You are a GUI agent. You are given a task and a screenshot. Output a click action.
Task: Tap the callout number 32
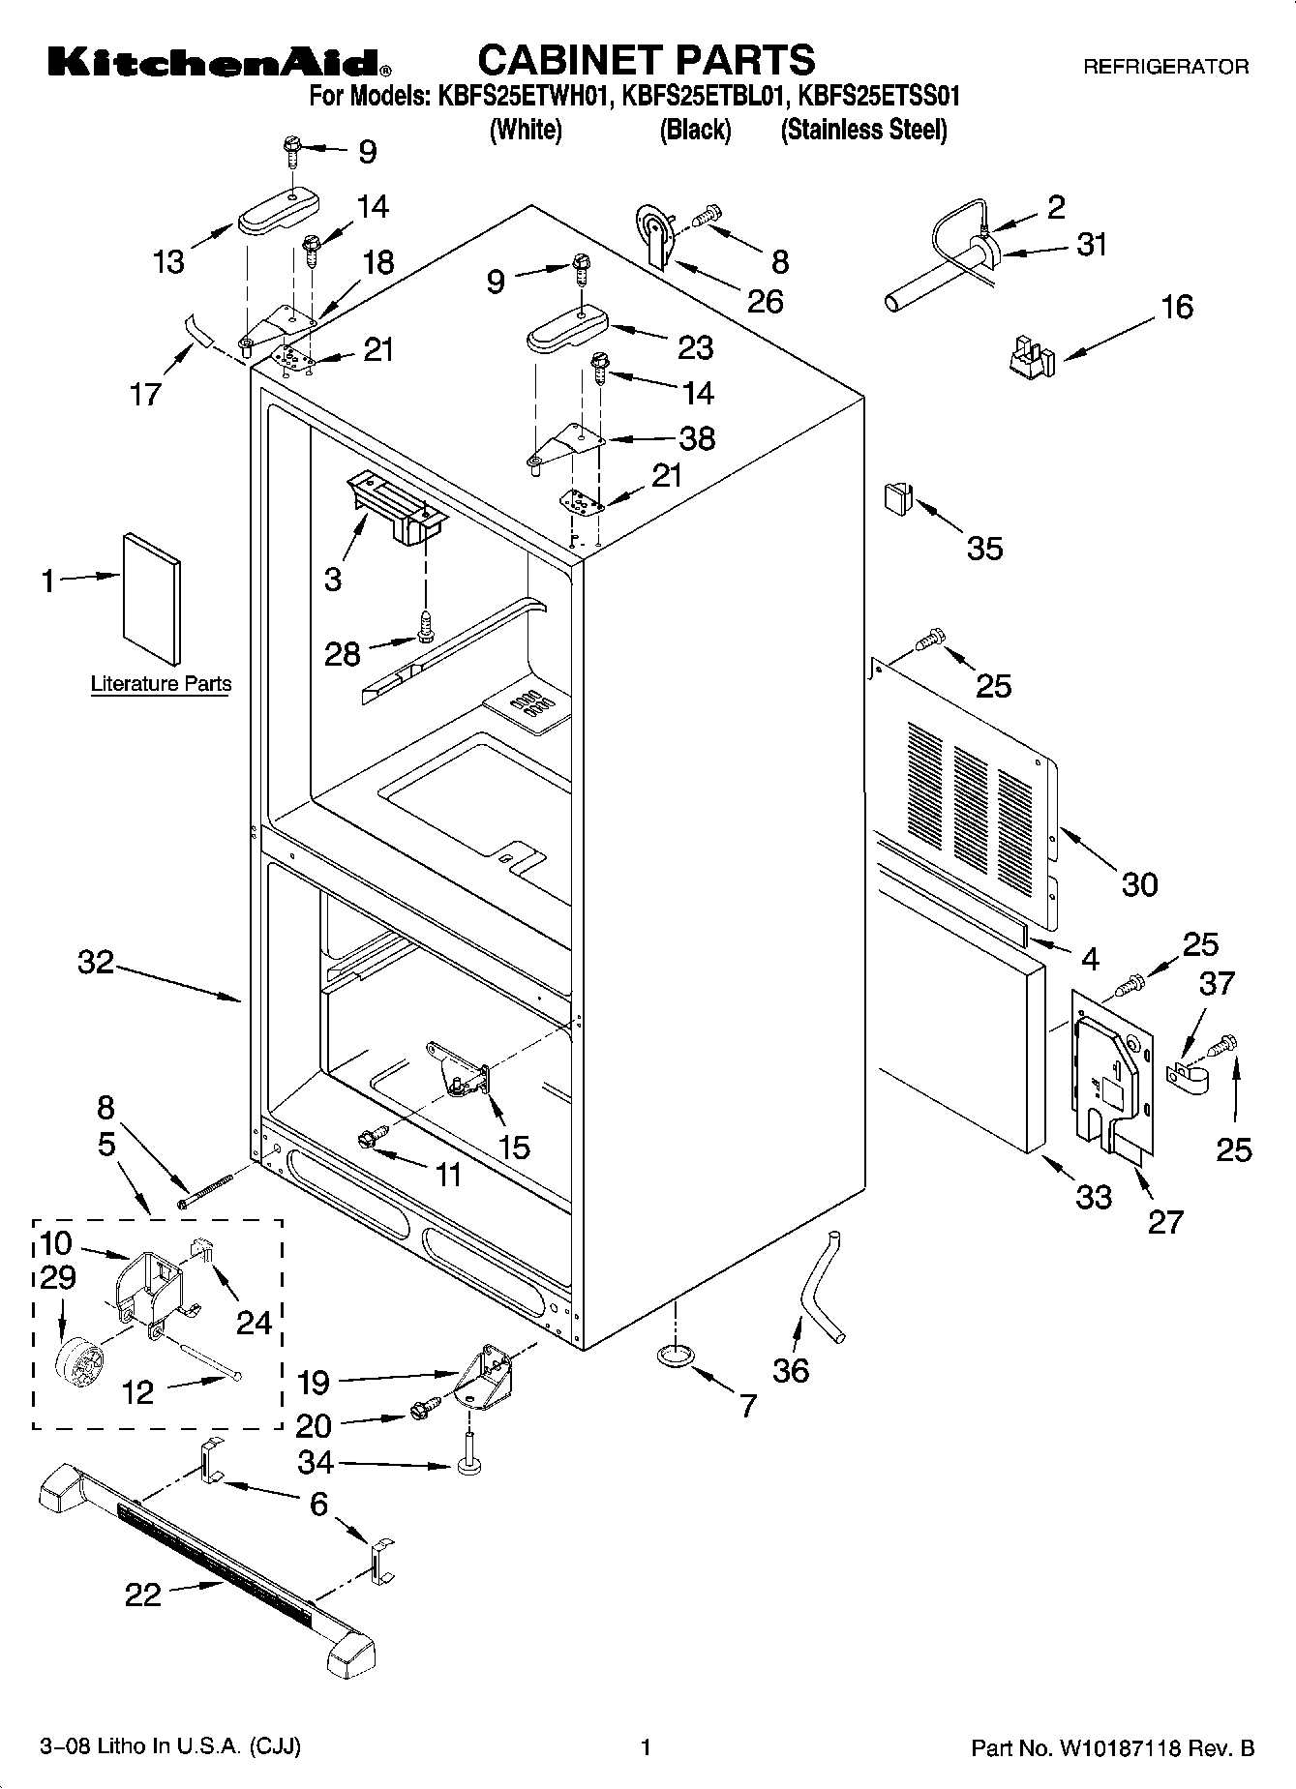(x=96, y=963)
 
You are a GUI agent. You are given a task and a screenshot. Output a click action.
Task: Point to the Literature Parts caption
(x=161, y=684)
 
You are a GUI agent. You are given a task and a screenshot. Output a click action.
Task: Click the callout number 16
(x=1176, y=307)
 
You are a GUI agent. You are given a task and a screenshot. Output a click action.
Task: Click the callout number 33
(x=1094, y=1197)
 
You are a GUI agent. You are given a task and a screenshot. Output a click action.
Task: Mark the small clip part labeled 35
(x=897, y=499)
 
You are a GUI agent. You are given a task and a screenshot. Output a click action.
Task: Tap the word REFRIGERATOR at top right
(x=1165, y=67)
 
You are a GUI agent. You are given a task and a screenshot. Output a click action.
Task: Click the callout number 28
(x=342, y=654)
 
